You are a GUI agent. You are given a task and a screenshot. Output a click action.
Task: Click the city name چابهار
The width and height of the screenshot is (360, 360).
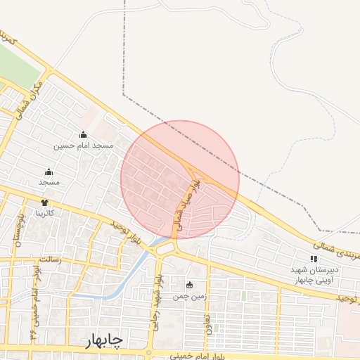[105, 341]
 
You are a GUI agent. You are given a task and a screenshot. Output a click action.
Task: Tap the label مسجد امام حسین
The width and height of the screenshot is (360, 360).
[83, 146]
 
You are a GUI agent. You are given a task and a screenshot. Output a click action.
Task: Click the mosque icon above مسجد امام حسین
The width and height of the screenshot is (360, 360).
[83, 134]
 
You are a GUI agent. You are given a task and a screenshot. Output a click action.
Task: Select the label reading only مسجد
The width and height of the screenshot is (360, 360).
[49, 183]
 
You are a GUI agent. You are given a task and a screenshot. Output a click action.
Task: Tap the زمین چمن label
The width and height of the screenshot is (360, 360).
[191, 295]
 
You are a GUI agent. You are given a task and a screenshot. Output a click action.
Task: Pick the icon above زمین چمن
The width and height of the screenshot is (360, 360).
[189, 285]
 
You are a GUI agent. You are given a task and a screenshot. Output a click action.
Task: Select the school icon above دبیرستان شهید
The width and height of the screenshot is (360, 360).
[313, 259]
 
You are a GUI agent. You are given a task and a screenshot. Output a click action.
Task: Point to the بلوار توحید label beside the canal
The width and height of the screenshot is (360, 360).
[127, 235]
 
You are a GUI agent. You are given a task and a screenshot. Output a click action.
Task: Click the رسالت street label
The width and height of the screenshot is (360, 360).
[50, 259]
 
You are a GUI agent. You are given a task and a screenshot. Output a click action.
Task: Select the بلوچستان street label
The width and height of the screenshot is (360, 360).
[15, 232]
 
